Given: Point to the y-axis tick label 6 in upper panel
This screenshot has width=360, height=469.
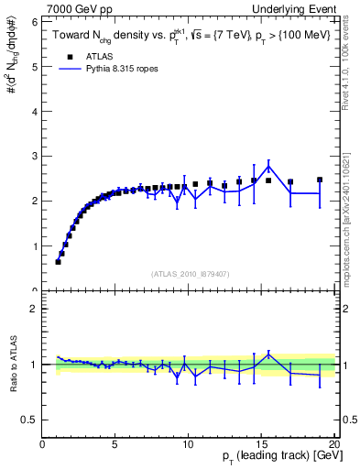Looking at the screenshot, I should pos(34,21).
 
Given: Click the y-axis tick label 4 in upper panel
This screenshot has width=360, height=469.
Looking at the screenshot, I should pos(34,111).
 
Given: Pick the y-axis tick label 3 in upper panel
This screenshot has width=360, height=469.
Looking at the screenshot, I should pos(34,156).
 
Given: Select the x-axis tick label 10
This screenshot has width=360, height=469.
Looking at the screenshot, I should pos(187,444).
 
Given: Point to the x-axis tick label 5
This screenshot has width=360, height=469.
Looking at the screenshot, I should pos(115,444).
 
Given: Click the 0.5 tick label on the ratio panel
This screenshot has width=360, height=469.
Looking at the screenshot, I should pos(29,420).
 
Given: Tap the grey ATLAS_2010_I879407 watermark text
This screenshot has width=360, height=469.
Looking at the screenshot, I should pos(191,273).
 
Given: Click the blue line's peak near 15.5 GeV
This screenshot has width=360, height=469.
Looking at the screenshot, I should pos(268,166).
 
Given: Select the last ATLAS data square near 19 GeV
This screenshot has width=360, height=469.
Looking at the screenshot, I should pos(320,180).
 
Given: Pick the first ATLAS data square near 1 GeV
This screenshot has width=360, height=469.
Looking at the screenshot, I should pos(58,262).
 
